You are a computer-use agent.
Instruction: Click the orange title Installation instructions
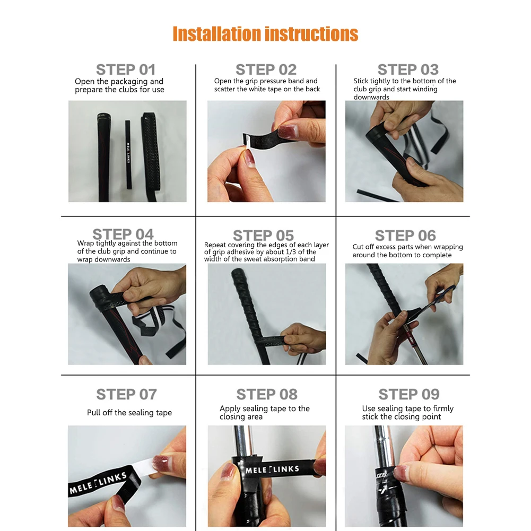click(265, 34)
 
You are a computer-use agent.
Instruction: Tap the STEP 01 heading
click(126, 70)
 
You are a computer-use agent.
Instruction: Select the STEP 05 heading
click(263, 236)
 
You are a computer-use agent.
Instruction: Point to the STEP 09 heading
click(409, 394)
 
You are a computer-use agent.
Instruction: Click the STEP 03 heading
click(408, 70)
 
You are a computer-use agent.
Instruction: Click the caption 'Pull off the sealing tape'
click(129, 413)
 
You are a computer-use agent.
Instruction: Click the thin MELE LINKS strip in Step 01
click(128, 154)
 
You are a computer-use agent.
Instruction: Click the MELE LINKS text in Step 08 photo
click(272, 469)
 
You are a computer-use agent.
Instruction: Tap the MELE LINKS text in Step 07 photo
click(98, 483)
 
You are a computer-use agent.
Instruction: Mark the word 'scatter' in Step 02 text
click(224, 89)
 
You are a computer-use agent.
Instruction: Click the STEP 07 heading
click(126, 394)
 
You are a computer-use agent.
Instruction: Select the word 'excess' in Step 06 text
click(386, 247)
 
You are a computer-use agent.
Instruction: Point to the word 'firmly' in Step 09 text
click(443, 409)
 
